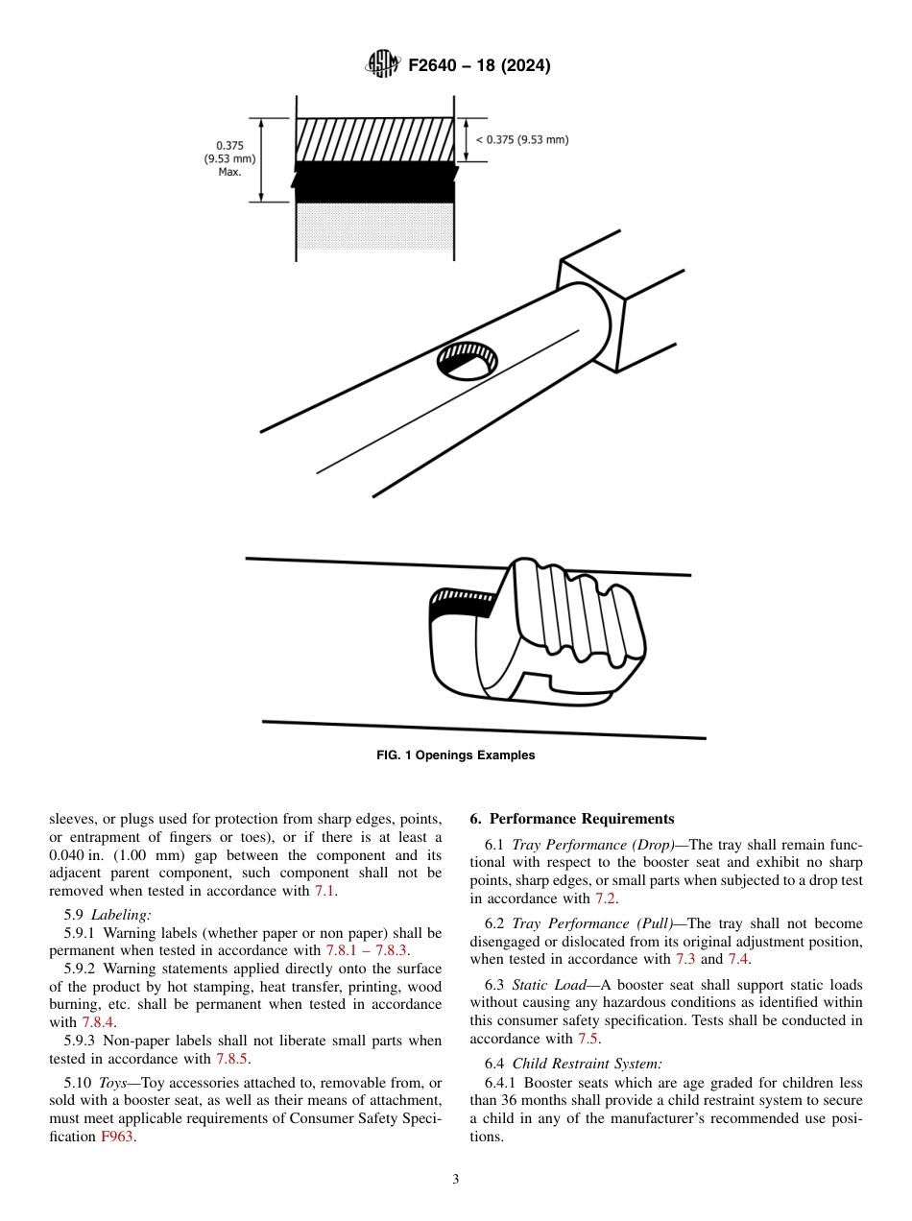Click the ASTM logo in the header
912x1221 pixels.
383,65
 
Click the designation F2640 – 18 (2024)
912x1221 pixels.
479,66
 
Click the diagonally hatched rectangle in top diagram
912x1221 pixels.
374,139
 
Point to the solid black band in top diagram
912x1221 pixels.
374,182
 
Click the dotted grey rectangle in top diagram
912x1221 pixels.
374,227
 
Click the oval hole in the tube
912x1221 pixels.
468,360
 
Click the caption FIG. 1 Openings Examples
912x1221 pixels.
455,755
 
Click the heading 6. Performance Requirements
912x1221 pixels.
572,819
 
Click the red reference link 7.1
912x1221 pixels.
325,892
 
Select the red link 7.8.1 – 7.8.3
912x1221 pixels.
368,950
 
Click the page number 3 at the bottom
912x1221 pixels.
456,1180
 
